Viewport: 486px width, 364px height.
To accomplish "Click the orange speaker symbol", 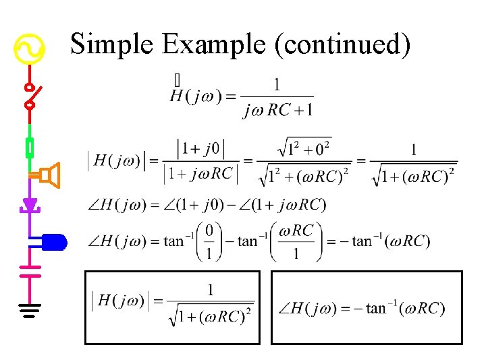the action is [49, 175].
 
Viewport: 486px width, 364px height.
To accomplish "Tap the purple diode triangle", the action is [30, 203].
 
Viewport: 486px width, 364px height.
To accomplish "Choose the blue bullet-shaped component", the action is [53, 241].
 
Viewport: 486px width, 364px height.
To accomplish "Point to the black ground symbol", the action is [30, 311].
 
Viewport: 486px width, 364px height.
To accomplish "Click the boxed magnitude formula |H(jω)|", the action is [172, 307].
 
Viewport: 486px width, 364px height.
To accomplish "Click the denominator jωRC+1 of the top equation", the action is [277, 110].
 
